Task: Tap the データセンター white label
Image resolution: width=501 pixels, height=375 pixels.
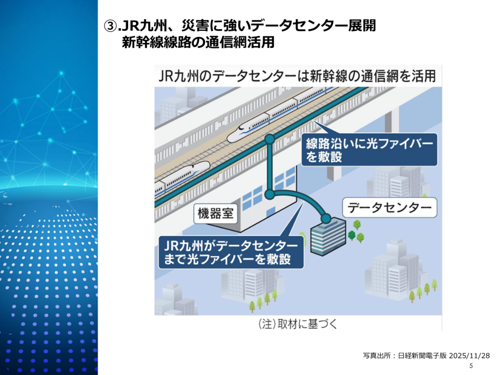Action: point(389,208)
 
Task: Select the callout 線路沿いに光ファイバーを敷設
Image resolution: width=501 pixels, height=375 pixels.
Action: point(368,150)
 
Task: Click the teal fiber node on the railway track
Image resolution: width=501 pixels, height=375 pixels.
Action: point(269,139)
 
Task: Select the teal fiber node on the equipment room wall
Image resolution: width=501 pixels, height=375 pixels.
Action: point(269,194)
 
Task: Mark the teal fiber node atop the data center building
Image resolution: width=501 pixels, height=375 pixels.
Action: point(325,218)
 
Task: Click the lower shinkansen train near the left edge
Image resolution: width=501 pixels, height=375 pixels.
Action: point(179,177)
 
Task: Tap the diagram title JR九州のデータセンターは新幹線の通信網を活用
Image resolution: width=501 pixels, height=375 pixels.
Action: point(297,77)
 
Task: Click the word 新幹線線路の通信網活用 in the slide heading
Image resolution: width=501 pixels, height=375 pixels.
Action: point(198,42)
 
